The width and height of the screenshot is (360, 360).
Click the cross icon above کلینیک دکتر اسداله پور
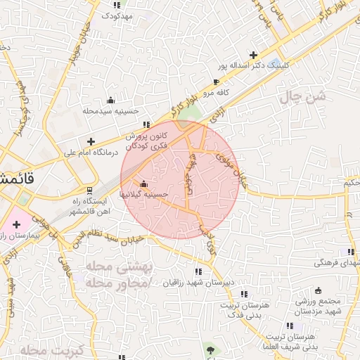tap(254, 54)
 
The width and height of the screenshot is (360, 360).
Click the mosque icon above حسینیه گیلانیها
tap(144, 165)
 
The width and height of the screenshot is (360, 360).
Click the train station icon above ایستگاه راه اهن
tap(89, 190)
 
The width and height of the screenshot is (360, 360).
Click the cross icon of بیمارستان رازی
tap(17, 224)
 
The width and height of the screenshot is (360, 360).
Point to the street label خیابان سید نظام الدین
tap(110, 240)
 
